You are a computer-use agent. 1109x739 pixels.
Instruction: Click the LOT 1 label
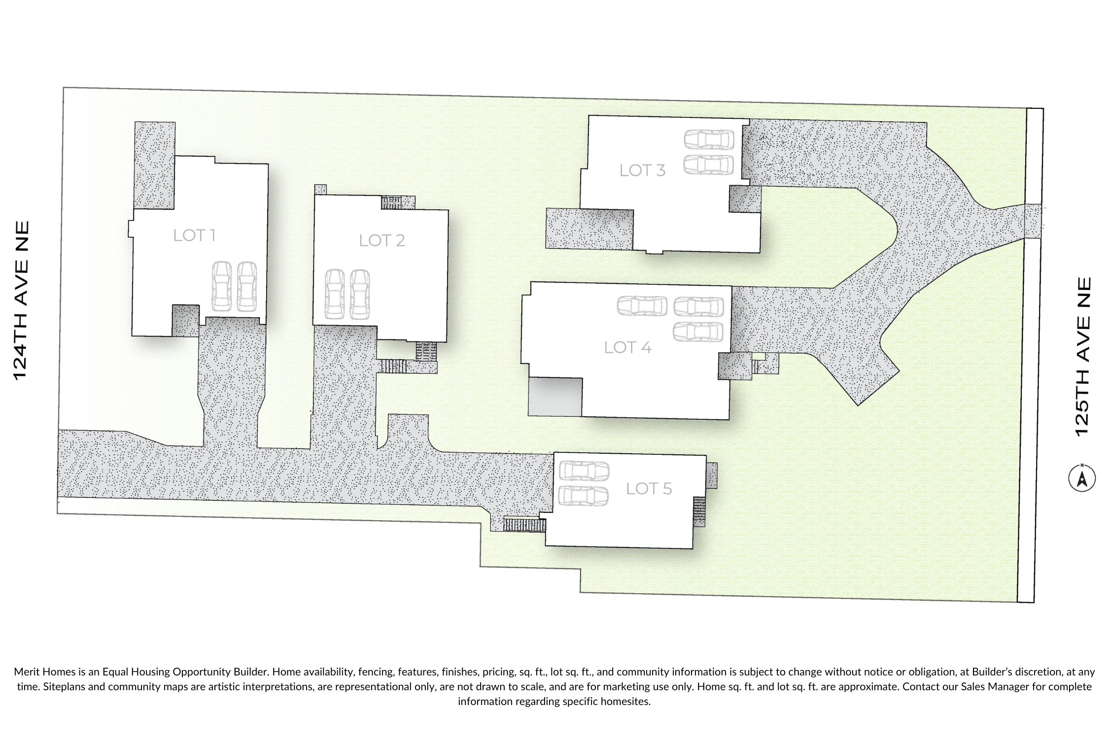pos(194,235)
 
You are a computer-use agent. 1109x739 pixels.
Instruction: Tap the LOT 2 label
pos(382,240)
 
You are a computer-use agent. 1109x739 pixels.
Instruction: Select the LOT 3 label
pos(643,170)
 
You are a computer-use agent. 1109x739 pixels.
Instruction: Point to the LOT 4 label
pos(628,347)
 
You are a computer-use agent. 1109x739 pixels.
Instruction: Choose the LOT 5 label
pos(649,489)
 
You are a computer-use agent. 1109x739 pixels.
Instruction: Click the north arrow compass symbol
pos(1082,478)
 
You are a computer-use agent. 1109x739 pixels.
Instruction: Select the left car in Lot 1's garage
pos(221,286)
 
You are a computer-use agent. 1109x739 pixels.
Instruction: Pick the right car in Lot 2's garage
pos(360,294)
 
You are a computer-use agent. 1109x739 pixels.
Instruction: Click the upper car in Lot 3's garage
pos(709,139)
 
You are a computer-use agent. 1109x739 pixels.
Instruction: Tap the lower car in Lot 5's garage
pos(584,496)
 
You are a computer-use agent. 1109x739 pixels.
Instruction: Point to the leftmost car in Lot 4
pos(642,305)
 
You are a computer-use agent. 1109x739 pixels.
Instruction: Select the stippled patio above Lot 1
pos(155,166)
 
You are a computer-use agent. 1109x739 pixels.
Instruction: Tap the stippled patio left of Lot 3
pos(589,228)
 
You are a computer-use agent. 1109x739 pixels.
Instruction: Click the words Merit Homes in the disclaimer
pos(45,672)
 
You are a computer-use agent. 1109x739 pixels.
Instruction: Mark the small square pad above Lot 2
pos(320,190)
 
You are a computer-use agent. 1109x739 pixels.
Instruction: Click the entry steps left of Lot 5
pos(524,525)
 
